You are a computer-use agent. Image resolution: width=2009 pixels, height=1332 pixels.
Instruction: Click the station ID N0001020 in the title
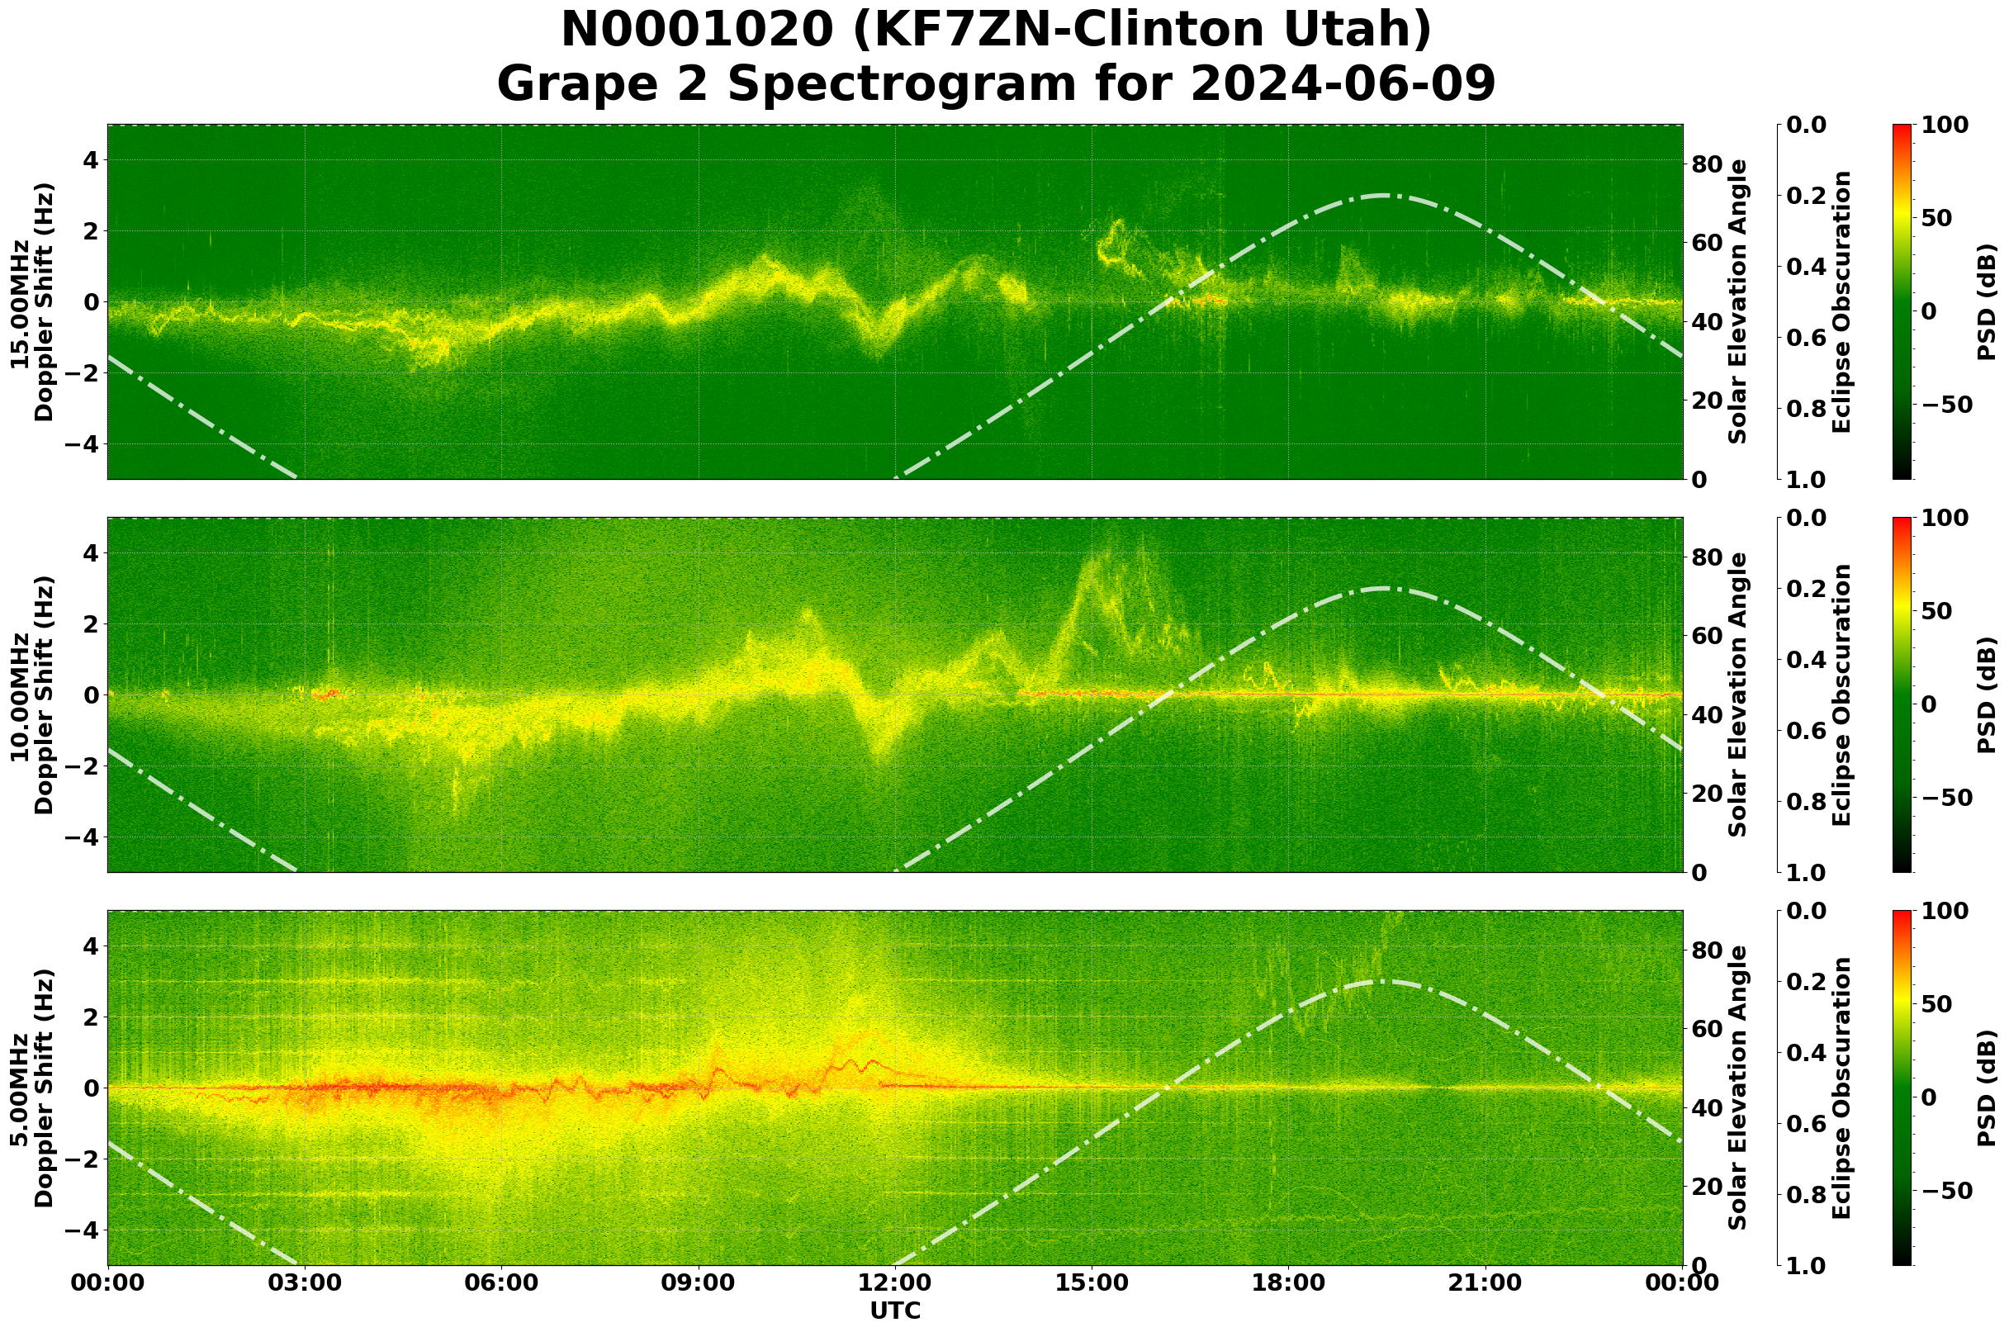tap(699, 31)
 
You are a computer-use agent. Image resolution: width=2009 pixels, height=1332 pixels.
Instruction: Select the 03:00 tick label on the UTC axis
tap(305, 1282)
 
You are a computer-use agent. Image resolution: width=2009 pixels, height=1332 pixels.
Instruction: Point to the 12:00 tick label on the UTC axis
tap(895, 1282)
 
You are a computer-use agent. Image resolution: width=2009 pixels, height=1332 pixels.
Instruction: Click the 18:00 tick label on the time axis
tap(1289, 1282)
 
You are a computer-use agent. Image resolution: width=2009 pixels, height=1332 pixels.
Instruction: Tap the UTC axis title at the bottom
tap(895, 1311)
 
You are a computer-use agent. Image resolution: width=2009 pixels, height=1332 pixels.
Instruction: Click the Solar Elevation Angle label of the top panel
tap(1738, 302)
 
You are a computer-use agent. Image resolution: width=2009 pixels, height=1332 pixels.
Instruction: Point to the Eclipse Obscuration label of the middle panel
tap(1841, 694)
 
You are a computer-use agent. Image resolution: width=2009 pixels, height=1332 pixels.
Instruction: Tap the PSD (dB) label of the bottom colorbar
tap(1986, 1088)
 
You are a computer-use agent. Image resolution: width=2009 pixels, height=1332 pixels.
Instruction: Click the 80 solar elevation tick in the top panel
tap(1706, 164)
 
